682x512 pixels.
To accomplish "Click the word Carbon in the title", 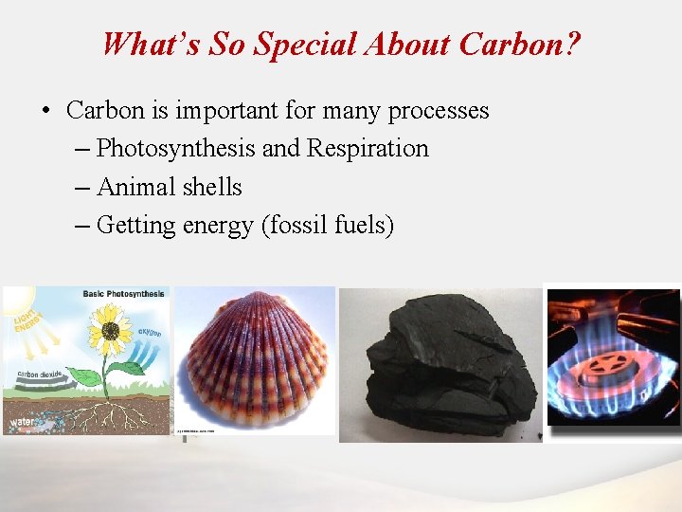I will (x=512, y=44).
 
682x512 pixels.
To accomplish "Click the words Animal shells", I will (x=169, y=187).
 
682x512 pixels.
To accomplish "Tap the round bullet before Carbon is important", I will (x=45, y=111).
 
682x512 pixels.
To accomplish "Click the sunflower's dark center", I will (x=111, y=331).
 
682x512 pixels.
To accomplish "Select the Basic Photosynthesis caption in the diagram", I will (x=123, y=294).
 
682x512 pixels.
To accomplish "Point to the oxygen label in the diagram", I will (x=149, y=333).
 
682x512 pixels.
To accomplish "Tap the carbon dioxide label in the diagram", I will (x=39, y=375).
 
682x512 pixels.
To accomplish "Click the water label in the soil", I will (x=23, y=417).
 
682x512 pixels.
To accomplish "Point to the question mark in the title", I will (x=574, y=44).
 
